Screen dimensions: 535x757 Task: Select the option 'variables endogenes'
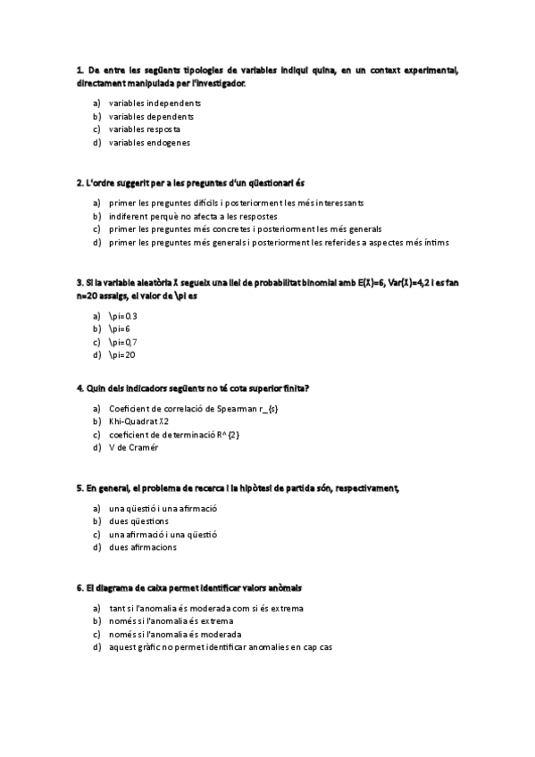[x=149, y=142]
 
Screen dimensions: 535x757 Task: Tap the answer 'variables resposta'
[x=144, y=129]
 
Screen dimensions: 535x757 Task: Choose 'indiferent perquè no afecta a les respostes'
[x=193, y=216]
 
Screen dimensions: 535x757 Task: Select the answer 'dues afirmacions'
[x=143, y=547]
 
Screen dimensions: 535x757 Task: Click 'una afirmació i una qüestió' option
[x=163, y=534]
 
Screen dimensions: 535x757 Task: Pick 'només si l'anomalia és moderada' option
[x=175, y=634]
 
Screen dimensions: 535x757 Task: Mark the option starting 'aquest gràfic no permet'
[x=220, y=647]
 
